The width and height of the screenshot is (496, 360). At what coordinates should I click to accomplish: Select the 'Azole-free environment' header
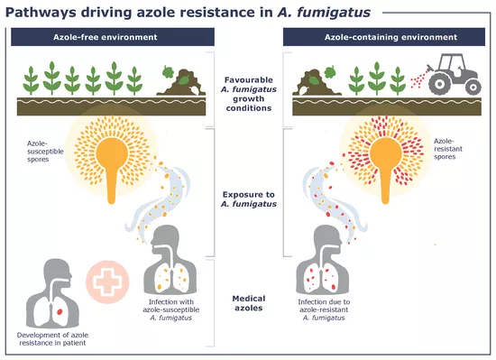click(113, 38)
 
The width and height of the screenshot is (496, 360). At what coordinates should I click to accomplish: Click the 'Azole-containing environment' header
click(383, 38)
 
